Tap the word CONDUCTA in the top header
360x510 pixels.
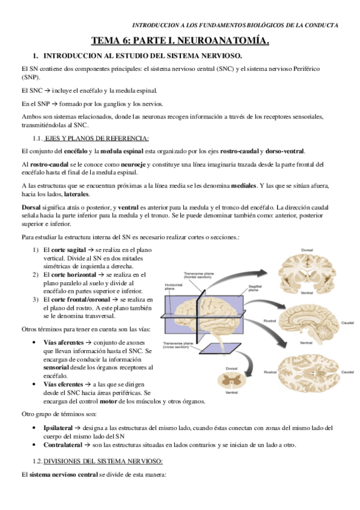tap(322, 25)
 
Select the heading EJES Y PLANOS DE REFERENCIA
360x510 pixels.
tap(97, 138)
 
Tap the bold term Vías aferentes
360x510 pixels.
tap(64, 342)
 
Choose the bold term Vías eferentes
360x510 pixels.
tap(64, 383)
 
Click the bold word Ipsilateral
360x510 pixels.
tap(59, 428)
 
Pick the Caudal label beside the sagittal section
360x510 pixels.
tap(347, 322)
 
